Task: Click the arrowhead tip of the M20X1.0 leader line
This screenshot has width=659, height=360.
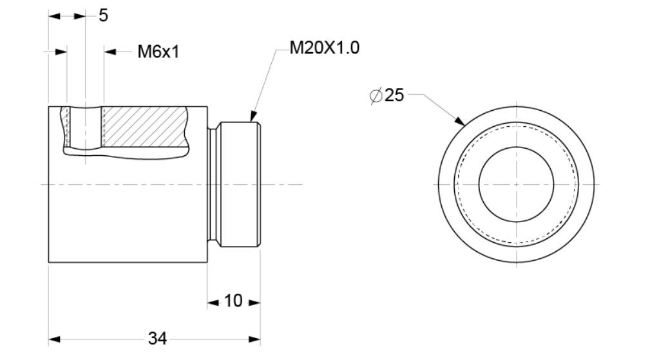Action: pyautogui.click(x=251, y=122)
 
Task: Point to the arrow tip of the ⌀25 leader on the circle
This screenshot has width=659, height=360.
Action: pyautogui.click(x=465, y=126)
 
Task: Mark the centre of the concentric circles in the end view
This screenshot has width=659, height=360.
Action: pyautogui.click(x=516, y=184)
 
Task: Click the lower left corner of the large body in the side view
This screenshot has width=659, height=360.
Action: pyautogui.click(x=49, y=263)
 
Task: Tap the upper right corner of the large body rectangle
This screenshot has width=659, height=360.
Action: pyautogui.click(x=207, y=107)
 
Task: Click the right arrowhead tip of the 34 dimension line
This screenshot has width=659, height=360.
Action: pyautogui.click(x=260, y=339)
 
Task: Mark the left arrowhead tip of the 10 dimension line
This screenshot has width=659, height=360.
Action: pyautogui.click(x=207, y=303)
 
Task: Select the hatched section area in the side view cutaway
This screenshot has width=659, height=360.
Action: pyautogui.click(x=144, y=126)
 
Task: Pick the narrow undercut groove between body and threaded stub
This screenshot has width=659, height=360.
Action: pyautogui.click(x=213, y=184)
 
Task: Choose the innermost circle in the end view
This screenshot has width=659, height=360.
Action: pyautogui.click(x=516, y=184)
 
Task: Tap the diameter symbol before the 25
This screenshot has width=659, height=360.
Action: pyautogui.click(x=376, y=95)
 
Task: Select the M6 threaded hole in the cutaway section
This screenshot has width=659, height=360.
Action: pyautogui.click(x=85, y=126)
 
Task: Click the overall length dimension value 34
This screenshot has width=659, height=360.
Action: pyautogui.click(x=158, y=338)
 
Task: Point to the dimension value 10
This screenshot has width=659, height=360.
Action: pyautogui.click(x=233, y=301)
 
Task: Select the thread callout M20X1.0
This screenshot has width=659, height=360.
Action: pyautogui.click(x=325, y=48)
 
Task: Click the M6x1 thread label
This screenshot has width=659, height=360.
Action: pyautogui.click(x=158, y=52)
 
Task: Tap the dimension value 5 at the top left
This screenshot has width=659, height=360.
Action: pyautogui.click(x=103, y=15)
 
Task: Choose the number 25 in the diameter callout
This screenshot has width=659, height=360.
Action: pyautogui.click(x=394, y=95)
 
